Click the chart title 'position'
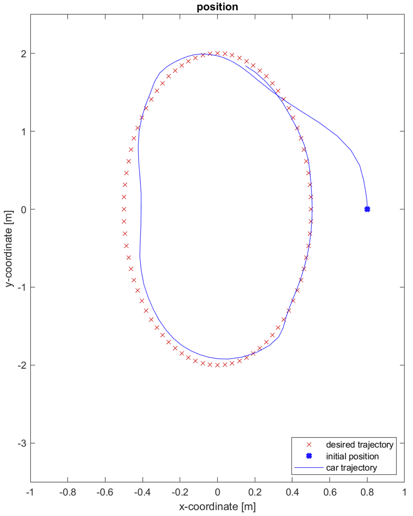217,7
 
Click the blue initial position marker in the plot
367,209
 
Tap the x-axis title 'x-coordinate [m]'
217,507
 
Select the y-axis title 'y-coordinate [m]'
9,249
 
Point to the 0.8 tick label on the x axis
367,492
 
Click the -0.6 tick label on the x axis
105,492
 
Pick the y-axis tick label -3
22,443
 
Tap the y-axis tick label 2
24,54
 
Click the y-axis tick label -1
22,287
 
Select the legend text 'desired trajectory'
359,445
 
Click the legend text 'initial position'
352,457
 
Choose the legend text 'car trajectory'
351,468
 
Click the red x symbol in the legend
309,445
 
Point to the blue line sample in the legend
309,468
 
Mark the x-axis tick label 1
404,492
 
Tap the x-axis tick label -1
30,492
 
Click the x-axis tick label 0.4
292,492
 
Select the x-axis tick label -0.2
180,492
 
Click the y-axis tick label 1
24,131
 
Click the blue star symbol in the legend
309,456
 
